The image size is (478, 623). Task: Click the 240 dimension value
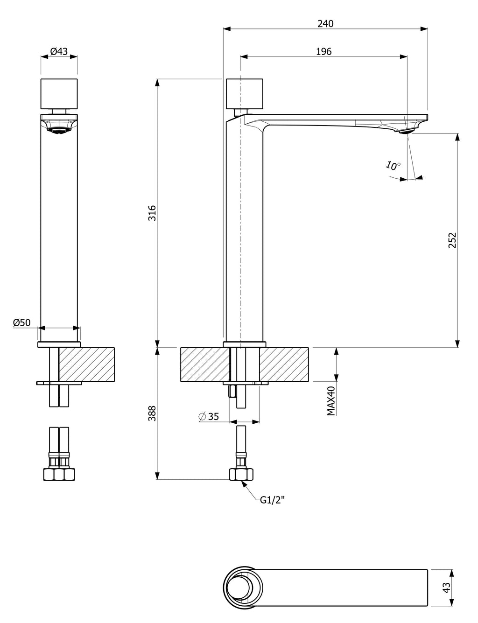coord(325,23)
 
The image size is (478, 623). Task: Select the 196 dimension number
coord(323,52)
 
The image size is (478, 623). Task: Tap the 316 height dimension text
coord(152,213)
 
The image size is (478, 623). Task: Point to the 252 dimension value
coord(452,240)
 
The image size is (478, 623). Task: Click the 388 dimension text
coord(152,413)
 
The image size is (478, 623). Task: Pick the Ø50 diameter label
coord(21,322)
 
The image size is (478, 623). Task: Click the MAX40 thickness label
coord(331,401)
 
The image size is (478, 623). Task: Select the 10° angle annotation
coord(393,165)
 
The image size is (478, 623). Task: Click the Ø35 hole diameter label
coord(209,416)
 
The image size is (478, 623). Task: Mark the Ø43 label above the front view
coord(59,52)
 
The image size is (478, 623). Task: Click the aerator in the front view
coord(59,131)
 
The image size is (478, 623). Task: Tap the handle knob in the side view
coord(244,94)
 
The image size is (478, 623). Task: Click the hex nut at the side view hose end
coord(241,474)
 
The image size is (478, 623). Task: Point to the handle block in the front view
coord(59,94)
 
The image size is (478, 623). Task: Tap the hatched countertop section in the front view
coord(87,364)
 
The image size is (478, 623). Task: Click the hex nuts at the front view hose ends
coord(59,474)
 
